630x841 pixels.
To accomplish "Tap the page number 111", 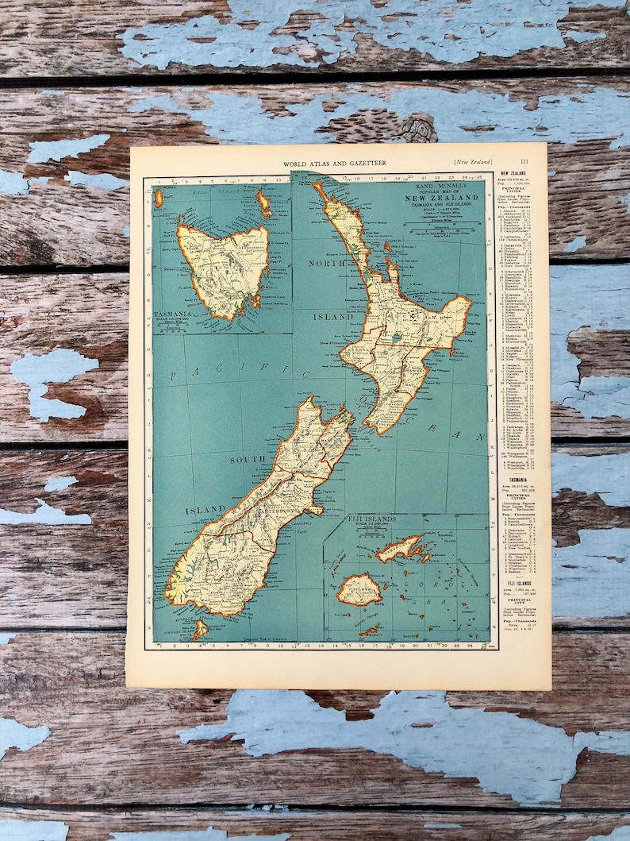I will tap(524, 162).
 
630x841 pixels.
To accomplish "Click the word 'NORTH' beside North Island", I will tap(328, 263).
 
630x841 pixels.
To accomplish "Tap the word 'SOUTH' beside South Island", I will tap(248, 460).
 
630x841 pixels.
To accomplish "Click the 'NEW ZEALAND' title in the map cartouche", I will tap(443, 197).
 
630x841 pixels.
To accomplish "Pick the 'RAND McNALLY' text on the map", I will tap(443, 184).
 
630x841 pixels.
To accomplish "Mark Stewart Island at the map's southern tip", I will tap(199, 629).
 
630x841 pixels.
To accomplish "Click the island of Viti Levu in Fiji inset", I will tap(359, 589).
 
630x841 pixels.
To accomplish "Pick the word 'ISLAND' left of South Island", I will tap(206, 510).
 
